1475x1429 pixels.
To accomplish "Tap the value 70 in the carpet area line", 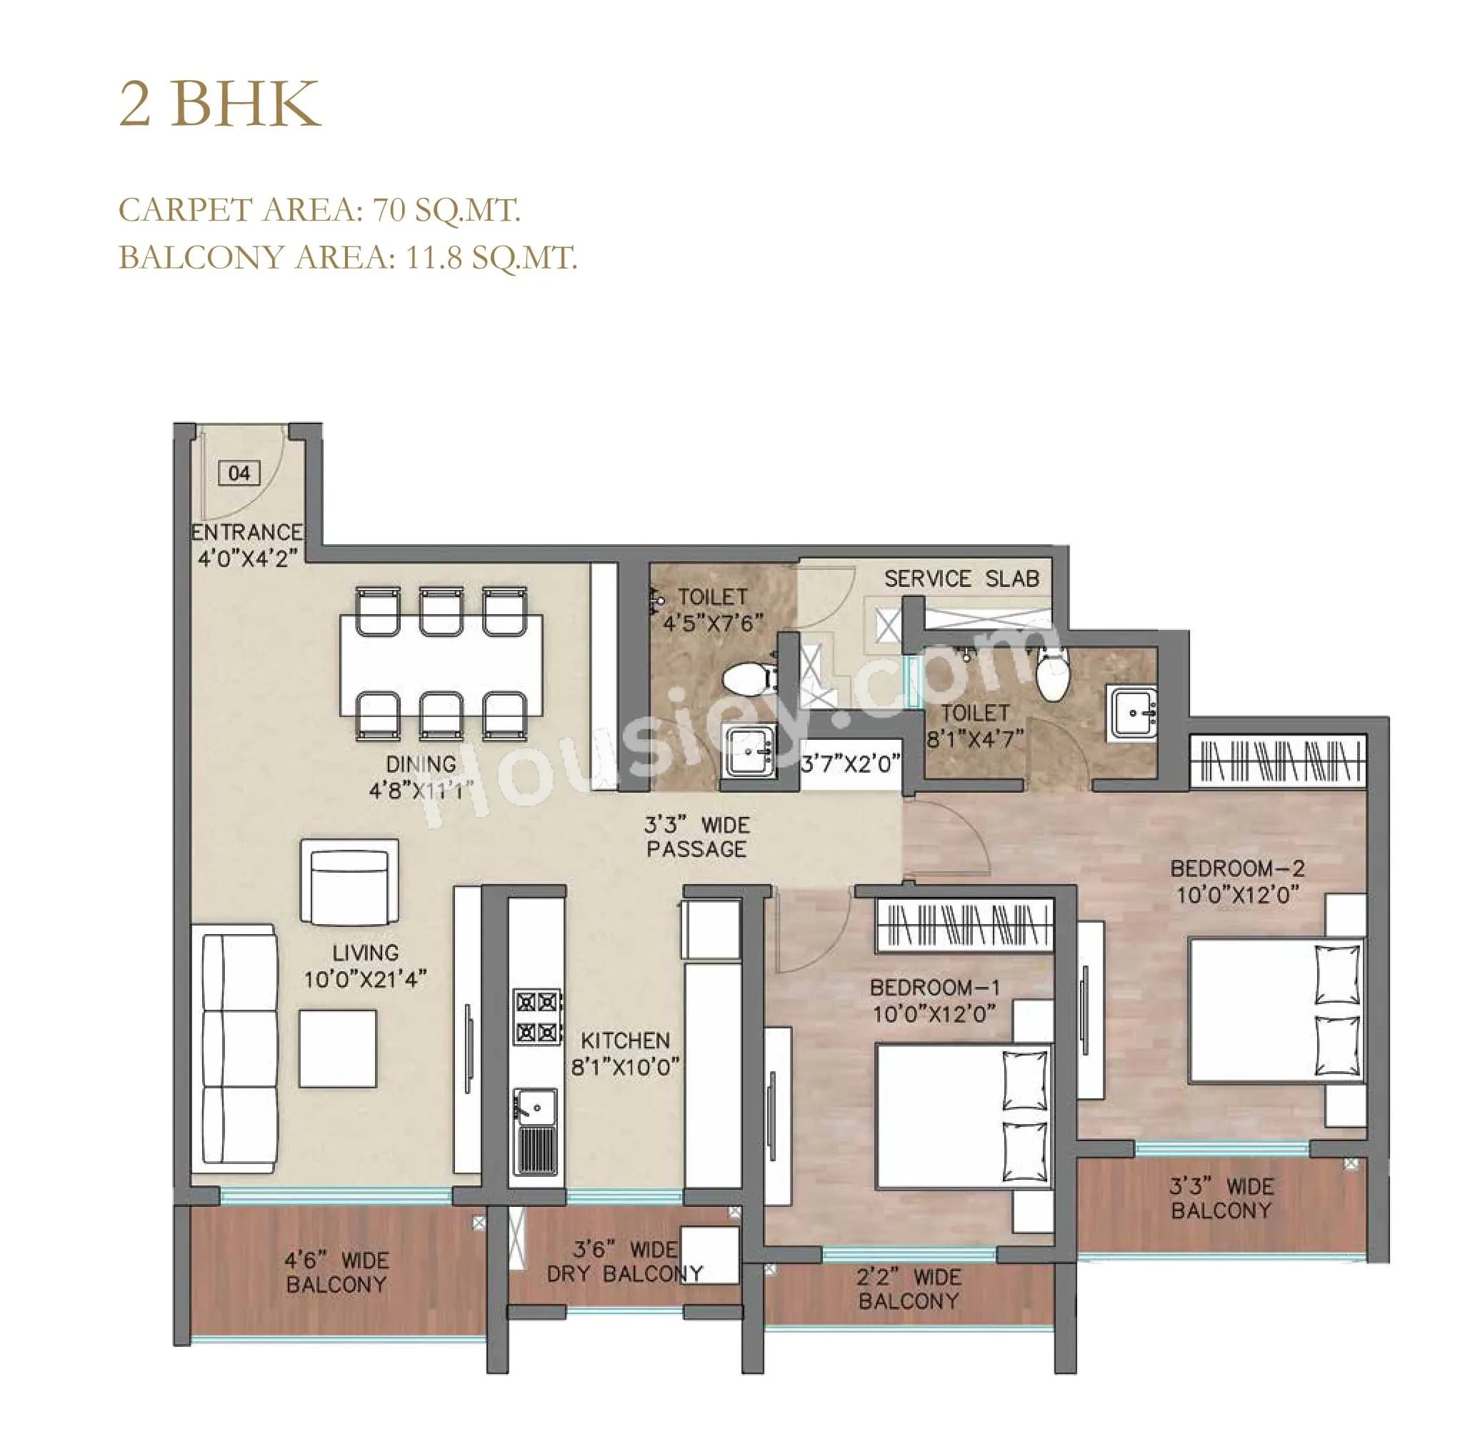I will coord(390,210).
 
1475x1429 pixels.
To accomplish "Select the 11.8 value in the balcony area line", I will coord(434,258).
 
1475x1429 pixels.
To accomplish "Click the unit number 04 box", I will coord(239,473).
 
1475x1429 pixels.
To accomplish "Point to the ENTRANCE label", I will coord(247,533).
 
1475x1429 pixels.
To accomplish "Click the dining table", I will coord(441,665).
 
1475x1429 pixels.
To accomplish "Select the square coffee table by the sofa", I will coord(337,1049).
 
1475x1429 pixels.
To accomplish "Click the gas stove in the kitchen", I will coord(536,1017).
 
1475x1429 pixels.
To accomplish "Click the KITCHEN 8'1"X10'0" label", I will coord(626,1053).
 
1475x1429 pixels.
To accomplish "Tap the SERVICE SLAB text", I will coord(961,578).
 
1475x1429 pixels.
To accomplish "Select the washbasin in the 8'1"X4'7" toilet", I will coord(1134,713).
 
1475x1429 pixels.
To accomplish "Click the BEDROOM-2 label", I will coord(1237,868).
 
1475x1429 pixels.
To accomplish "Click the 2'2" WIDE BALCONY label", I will coord(909,1289).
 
